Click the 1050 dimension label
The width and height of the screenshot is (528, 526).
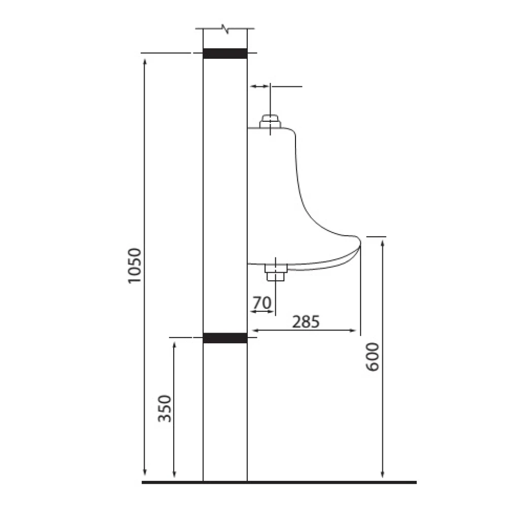[133, 266]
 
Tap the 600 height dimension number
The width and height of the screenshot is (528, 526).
[373, 357]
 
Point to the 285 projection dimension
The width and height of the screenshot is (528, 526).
[306, 321]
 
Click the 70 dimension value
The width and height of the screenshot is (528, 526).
[262, 303]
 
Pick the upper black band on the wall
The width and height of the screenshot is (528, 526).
[225, 53]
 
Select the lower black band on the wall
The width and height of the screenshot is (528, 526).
[225, 338]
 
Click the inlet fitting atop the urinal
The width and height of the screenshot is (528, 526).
[270, 122]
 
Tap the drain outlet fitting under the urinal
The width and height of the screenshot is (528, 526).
[276, 273]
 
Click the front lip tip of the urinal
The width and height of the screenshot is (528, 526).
[359, 240]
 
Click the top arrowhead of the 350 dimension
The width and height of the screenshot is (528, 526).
[174, 345]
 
